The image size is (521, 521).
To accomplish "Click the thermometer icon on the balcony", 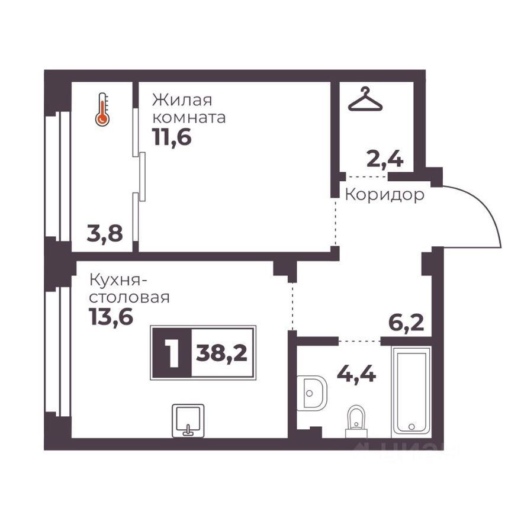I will point(102,110).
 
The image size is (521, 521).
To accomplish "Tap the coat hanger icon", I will point(365,99).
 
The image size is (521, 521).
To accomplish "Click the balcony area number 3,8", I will point(105,234).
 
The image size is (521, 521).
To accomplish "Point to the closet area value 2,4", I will point(386,159).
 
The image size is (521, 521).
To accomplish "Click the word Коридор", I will point(384,195).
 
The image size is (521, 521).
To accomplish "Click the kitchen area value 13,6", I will point(111,317).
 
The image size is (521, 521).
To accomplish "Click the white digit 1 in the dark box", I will point(172,353).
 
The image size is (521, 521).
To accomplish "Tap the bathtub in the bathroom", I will point(412,391).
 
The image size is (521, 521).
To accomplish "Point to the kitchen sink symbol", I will point(188,420).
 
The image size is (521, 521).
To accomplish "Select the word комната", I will point(189,117).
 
